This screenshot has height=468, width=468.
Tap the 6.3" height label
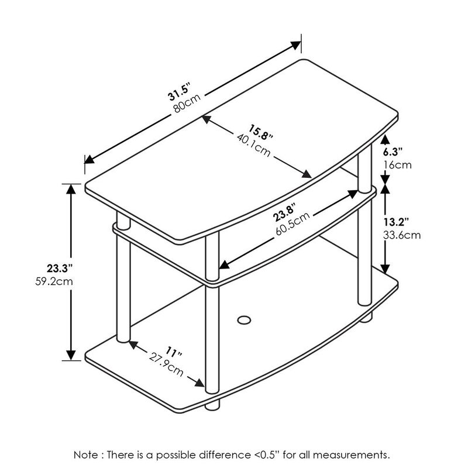tap(394, 152)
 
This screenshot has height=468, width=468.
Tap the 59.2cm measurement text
tap(55, 281)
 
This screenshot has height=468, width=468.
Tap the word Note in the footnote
tap(87, 454)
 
